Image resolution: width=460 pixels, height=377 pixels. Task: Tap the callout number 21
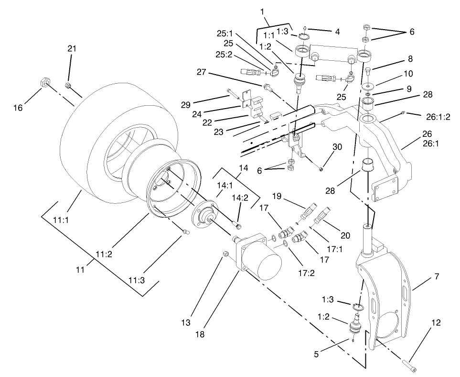point(72,49)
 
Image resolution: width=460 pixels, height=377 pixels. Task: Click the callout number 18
point(200,334)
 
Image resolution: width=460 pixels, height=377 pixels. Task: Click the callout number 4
point(337,32)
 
